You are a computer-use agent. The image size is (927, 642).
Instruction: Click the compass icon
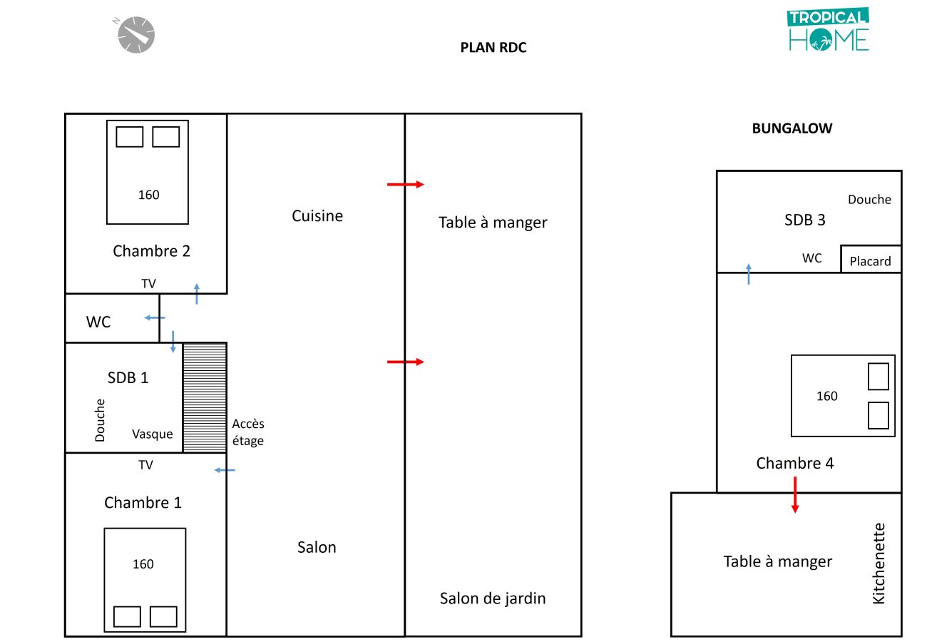pos(135,35)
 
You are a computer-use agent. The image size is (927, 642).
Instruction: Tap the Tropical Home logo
pos(828,29)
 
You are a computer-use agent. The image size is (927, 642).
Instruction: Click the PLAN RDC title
pos(493,48)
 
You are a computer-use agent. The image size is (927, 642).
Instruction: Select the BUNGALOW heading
pos(792,128)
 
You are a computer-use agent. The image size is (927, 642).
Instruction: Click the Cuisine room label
pos(317,215)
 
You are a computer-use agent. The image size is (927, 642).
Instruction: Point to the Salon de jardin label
pos(493,598)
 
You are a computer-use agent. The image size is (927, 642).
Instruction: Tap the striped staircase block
pos(205,397)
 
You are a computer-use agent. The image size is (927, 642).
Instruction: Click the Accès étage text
pos(248,432)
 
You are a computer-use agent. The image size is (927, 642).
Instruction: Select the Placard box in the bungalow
pos(871,259)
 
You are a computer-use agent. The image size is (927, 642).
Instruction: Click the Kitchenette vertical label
pos(879,564)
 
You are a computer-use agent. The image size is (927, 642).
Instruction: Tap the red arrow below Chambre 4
pos(795,494)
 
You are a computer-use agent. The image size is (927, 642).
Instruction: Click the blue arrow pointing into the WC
pos(155,318)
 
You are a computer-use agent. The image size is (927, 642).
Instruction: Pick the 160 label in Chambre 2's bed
pos(148,195)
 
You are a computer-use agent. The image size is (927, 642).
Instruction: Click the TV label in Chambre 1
pos(145,465)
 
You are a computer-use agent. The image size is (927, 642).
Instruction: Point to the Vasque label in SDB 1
pos(153,434)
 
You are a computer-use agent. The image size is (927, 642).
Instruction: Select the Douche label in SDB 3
pos(869,200)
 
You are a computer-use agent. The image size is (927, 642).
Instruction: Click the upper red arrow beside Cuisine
pos(406,184)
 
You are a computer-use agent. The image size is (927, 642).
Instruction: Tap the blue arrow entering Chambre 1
pos(225,470)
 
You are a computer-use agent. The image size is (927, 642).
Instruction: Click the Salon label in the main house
pos(317,547)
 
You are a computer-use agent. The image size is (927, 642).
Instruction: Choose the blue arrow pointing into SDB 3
pos(749,274)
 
